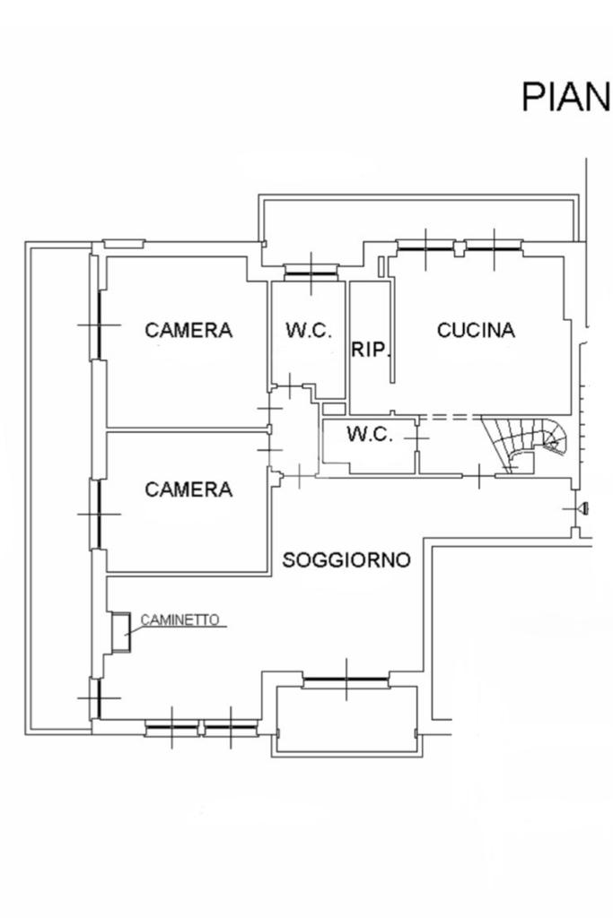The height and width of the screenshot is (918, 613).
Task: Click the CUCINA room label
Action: pos(476,330)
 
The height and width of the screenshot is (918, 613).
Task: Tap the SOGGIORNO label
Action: pos(346,559)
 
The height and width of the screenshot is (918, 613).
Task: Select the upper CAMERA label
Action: pos(188,330)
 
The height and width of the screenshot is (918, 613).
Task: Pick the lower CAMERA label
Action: pos(188,489)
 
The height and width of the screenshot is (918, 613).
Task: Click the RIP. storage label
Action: pos(371,351)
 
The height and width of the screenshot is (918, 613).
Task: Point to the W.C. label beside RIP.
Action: pos(309,330)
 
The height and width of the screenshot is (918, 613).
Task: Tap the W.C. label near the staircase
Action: pos(369,435)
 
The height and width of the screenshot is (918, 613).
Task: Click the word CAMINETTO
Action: pos(180,620)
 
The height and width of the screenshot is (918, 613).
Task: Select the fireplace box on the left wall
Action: pos(121,632)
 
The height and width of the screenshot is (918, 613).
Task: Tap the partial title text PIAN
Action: pos(565,97)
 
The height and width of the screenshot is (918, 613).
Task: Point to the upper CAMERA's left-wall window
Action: pos(100,325)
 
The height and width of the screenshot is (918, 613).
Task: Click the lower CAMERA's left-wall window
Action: pos(100,514)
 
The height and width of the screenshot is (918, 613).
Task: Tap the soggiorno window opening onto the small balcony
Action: pos(346,680)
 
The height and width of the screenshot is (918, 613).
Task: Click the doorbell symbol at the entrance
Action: pos(583,509)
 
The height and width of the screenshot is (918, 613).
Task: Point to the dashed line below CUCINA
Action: pos(450,418)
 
